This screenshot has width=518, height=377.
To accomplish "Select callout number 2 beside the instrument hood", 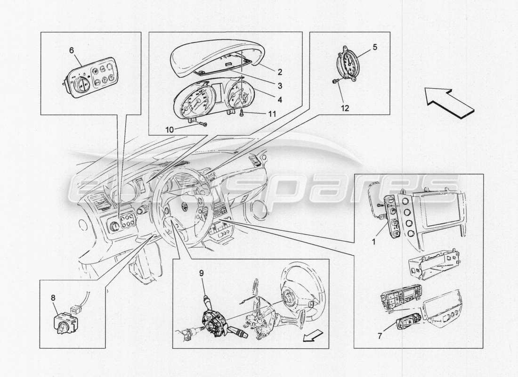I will [279, 72].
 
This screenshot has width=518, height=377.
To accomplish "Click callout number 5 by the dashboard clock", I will [375, 47].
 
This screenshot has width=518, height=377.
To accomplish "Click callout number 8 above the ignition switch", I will [53, 298].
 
